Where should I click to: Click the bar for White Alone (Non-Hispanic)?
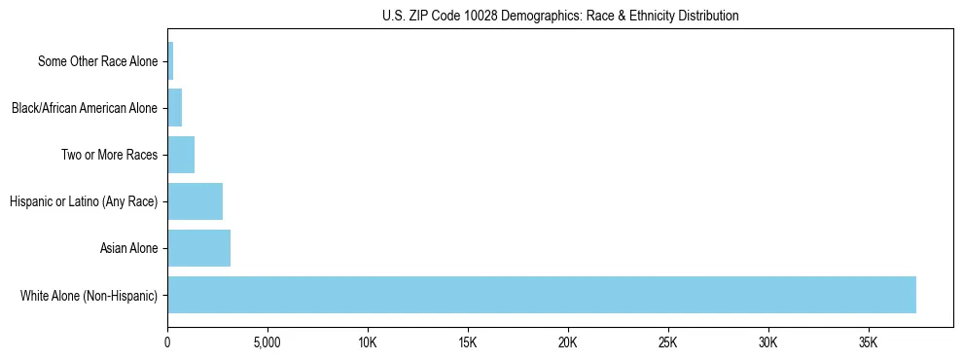point(541,295)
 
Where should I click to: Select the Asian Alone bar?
point(198,248)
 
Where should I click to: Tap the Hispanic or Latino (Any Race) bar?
point(195,201)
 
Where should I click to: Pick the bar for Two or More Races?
point(181,155)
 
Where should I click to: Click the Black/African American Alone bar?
point(175,108)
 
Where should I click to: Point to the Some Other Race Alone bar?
point(170,61)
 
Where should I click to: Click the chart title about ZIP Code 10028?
point(560,16)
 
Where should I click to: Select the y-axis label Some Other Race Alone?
point(97,61)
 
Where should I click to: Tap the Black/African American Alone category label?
point(85,108)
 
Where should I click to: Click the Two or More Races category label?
point(109,155)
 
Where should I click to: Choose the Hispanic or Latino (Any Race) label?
point(84,201)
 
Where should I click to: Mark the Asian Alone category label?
point(128,248)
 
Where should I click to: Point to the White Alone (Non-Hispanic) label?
point(89,295)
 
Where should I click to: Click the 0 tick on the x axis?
point(167,343)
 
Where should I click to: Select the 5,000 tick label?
point(267,343)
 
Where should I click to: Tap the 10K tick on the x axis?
point(368,343)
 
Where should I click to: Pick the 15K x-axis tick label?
point(468,343)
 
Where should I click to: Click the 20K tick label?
point(568,343)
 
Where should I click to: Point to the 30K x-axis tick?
point(768,343)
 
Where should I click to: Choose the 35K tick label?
point(869,343)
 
